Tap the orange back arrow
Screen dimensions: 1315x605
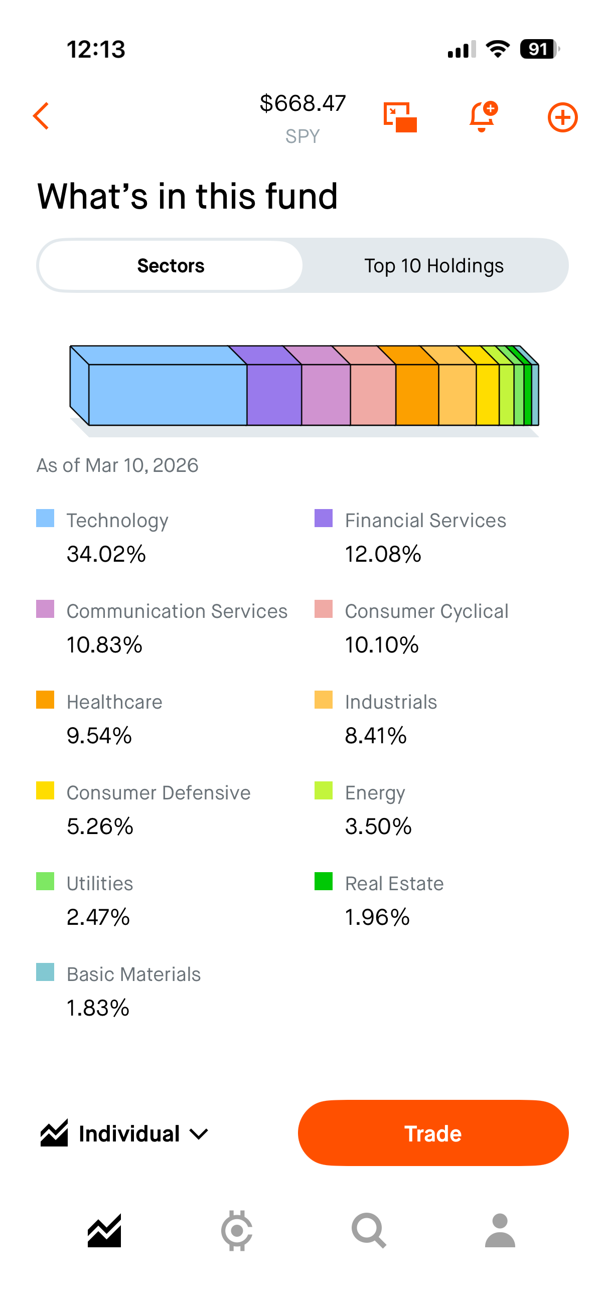(41, 116)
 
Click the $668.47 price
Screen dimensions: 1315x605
(302, 103)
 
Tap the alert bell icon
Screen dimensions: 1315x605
(482, 116)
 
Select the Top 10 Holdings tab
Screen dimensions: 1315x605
(433, 266)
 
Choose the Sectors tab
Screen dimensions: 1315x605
(171, 266)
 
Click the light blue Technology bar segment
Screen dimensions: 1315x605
(168, 394)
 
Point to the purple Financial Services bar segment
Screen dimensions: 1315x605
(274, 394)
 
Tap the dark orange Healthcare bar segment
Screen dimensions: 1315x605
(416, 394)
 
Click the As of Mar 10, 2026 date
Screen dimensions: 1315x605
(117, 465)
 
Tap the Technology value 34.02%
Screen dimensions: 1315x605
(106, 554)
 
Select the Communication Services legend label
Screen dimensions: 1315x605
(177, 611)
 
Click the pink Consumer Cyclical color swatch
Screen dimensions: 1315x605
(323, 609)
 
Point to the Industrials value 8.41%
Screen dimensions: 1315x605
(376, 736)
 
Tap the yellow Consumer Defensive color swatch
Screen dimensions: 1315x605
(45, 791)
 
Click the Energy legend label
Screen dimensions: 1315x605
(375, 793)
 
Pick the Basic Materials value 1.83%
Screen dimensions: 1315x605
(98, 1008)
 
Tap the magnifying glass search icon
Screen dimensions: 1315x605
(369, 1231)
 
